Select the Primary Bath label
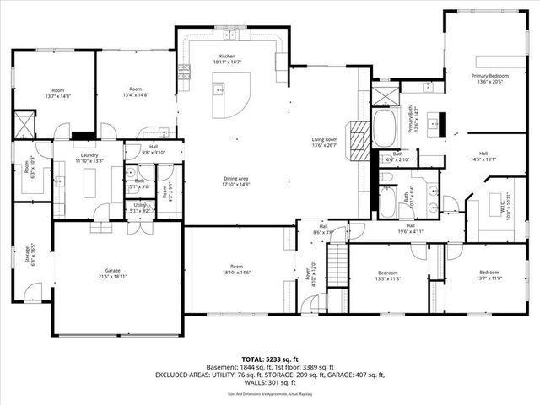(x=413, y=118)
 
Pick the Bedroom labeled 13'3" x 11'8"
(x=388, y=274)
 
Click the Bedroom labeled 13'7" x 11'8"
(x=489, y=274)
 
